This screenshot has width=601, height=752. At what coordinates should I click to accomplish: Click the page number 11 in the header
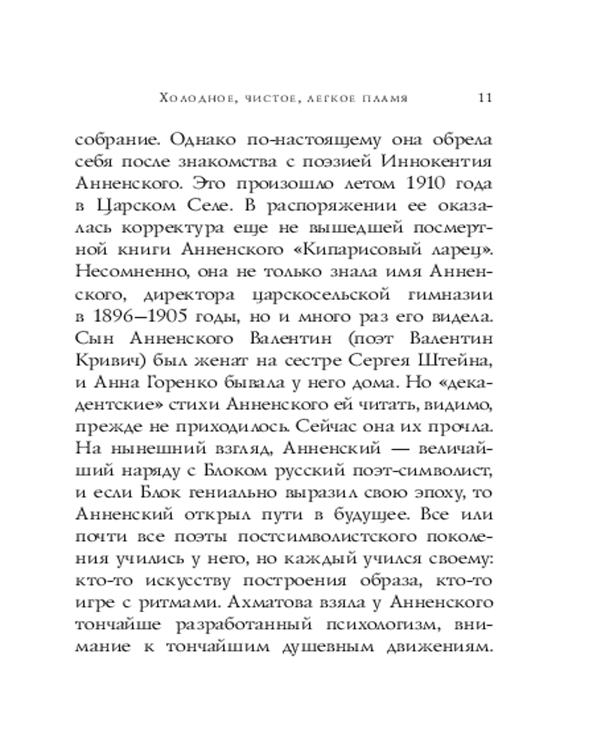coord(485,97)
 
